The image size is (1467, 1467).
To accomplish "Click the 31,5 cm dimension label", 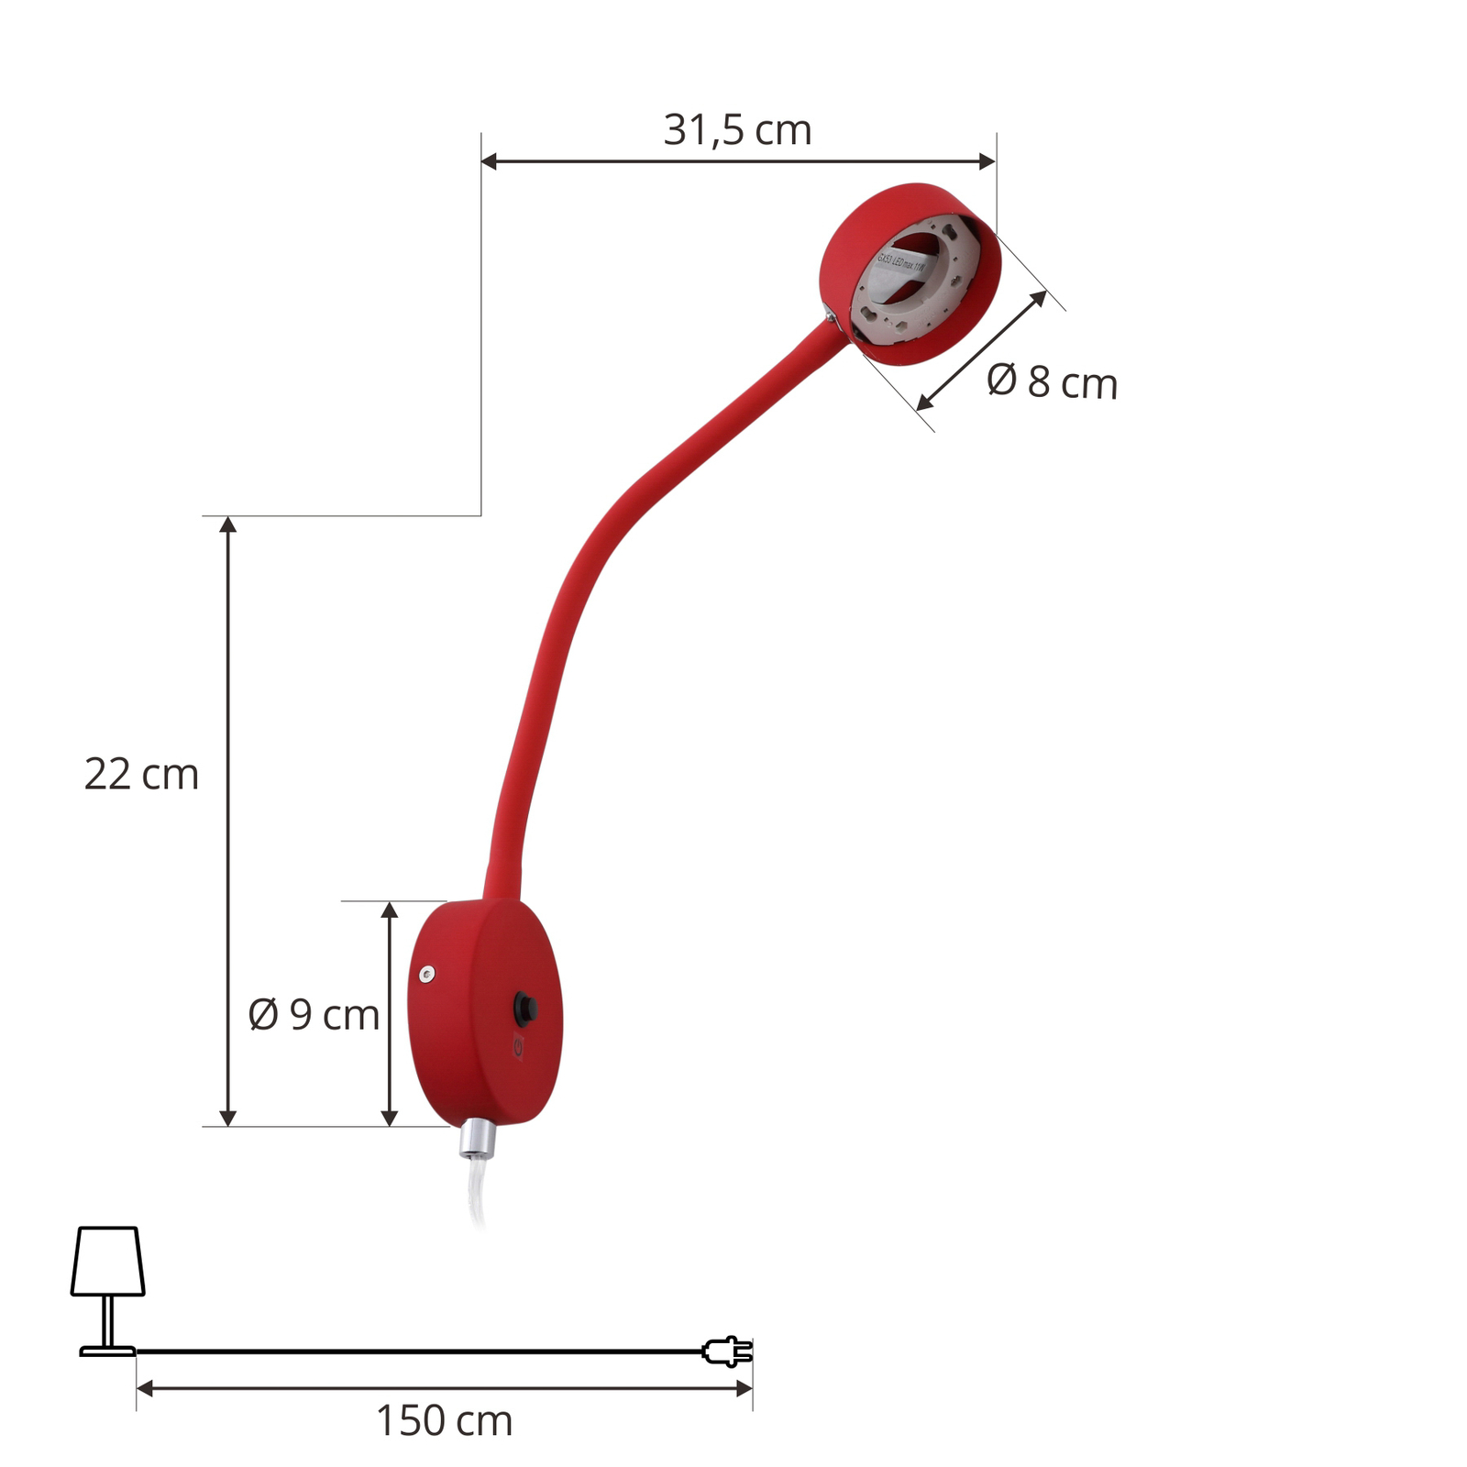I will tap(737, 130).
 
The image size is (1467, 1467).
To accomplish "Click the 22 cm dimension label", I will tap(141, 775).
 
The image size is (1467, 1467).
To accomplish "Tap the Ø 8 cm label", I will tap(1052, 382).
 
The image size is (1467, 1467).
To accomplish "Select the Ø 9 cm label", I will tap(314, 1015).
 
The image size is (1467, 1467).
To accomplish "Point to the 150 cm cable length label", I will tap(444, 1421).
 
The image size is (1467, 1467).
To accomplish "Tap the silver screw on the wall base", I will tap(426, 975).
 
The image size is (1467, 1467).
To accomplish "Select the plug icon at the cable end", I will tap(727, 1351).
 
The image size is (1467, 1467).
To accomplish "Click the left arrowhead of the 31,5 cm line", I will tap(489, 161).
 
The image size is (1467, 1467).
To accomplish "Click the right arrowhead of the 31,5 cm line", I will tap(987, 161).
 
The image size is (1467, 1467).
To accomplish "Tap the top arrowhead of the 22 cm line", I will tap(228, 524).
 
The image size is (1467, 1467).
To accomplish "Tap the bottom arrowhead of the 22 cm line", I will tap(228, 1118).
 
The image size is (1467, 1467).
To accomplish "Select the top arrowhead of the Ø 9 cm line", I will tap(389, 910).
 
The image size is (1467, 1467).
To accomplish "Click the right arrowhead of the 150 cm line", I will tap(745, 1389).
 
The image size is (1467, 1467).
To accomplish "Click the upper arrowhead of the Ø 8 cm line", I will tap(1040, 297).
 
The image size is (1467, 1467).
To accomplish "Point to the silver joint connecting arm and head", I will tap(830, 315).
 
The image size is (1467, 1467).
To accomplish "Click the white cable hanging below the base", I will tap(476, 1192).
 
